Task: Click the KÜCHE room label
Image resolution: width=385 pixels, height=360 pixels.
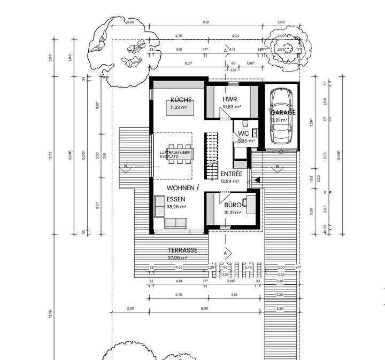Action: (x=181, y=99)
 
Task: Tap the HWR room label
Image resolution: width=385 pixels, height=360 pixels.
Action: (x=229, y=99)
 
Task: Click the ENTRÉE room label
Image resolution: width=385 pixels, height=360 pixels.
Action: (x=231, y=174)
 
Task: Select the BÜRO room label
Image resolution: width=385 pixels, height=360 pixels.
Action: (x=232, y=205)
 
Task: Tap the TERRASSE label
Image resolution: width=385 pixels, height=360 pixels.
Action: (x=182, y=250)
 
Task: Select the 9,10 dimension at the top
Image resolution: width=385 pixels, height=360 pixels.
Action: (x=206, y=22)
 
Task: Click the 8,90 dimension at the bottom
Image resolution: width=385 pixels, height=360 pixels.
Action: (x=205, y=309)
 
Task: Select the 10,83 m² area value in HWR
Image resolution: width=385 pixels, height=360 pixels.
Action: (x=232, y=107)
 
